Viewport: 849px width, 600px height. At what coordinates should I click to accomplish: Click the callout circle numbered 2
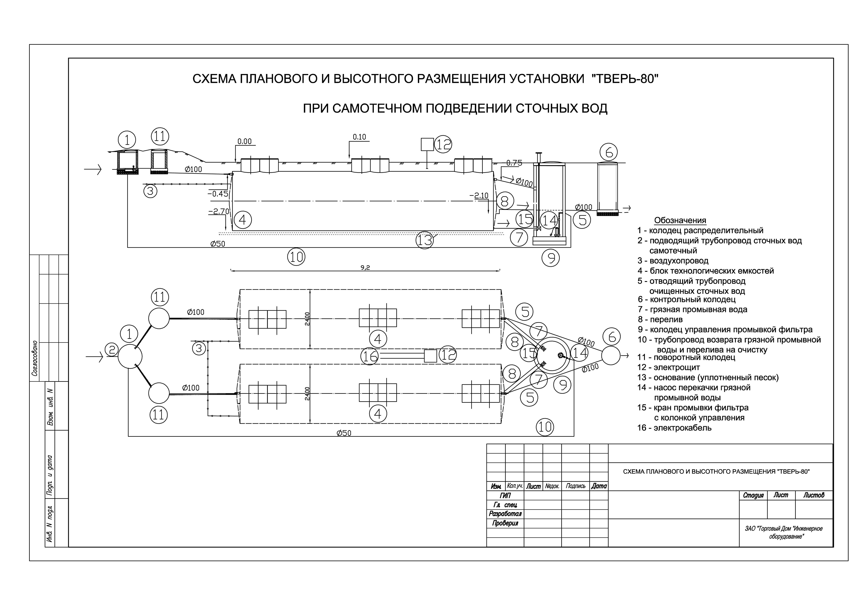click(112, 350)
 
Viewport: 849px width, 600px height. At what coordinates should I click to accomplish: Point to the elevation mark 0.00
click(244, 141)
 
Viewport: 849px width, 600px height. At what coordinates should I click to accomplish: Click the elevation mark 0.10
click(359, 137)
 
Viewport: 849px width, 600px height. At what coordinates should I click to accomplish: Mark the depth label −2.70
click(219, 212)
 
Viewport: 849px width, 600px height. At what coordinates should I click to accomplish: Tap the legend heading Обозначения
click(680, 220)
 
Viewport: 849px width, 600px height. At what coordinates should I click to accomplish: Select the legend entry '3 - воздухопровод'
click(673, 261)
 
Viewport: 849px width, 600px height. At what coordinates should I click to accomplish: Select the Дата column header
click(599, 486)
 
